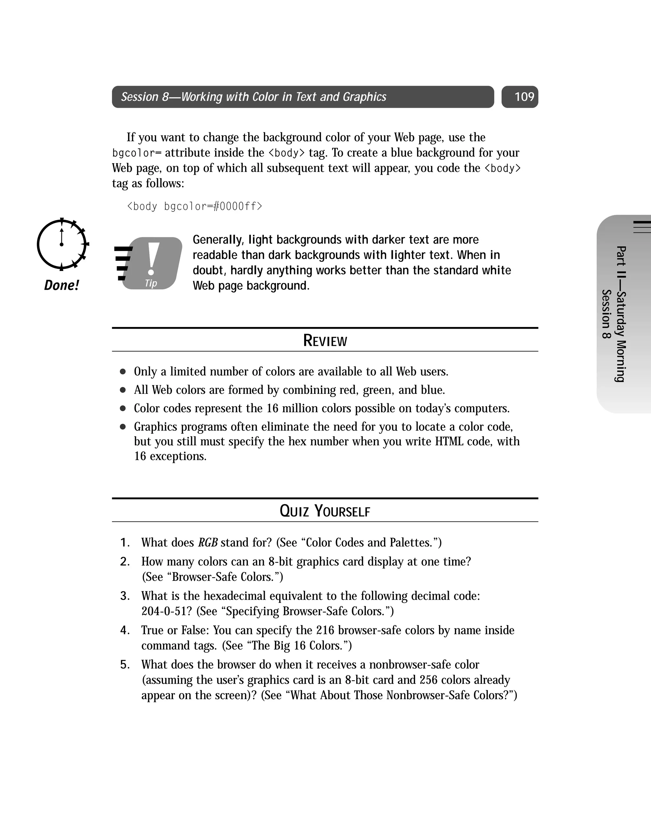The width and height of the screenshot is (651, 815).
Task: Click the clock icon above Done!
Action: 62,244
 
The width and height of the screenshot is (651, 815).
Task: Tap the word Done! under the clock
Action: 62,285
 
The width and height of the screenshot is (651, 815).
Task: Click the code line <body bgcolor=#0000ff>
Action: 194,206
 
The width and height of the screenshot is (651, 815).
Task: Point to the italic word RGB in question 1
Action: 208,542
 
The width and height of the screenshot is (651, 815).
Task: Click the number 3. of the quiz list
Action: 125,596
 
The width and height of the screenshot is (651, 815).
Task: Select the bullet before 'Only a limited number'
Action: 123,372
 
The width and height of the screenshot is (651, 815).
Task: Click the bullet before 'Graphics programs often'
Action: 123,427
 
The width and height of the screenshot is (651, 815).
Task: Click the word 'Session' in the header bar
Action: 140,97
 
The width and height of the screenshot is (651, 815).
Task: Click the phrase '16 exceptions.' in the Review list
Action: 170,456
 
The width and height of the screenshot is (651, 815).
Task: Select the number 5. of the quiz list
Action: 125,665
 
